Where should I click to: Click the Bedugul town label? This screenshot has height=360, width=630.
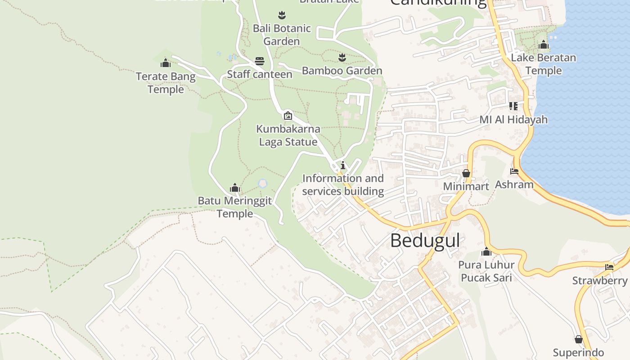425,241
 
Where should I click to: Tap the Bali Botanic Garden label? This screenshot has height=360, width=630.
282,35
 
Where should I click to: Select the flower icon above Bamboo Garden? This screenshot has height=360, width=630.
342,57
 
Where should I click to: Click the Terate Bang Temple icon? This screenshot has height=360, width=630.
166,63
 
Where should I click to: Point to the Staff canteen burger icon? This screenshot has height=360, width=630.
260,61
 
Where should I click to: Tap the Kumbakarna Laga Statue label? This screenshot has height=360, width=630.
288,135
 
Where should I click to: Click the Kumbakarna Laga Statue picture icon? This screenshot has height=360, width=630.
288,116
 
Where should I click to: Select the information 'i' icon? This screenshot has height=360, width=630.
343,165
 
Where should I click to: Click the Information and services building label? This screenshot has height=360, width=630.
343,185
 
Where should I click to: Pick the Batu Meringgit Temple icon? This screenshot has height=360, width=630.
234,188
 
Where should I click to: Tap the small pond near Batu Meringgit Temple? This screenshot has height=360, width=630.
263,184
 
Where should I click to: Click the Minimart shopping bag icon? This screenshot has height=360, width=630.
466,173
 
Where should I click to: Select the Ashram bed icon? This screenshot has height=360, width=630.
514,171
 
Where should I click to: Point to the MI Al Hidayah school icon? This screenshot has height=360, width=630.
513,106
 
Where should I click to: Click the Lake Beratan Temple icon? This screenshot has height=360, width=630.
544,45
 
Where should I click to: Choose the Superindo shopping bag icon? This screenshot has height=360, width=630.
579,339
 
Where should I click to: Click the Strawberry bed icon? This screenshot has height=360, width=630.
609,267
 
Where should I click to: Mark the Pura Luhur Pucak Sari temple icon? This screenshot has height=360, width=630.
486,252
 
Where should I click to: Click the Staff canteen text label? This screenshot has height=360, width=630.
260,74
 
